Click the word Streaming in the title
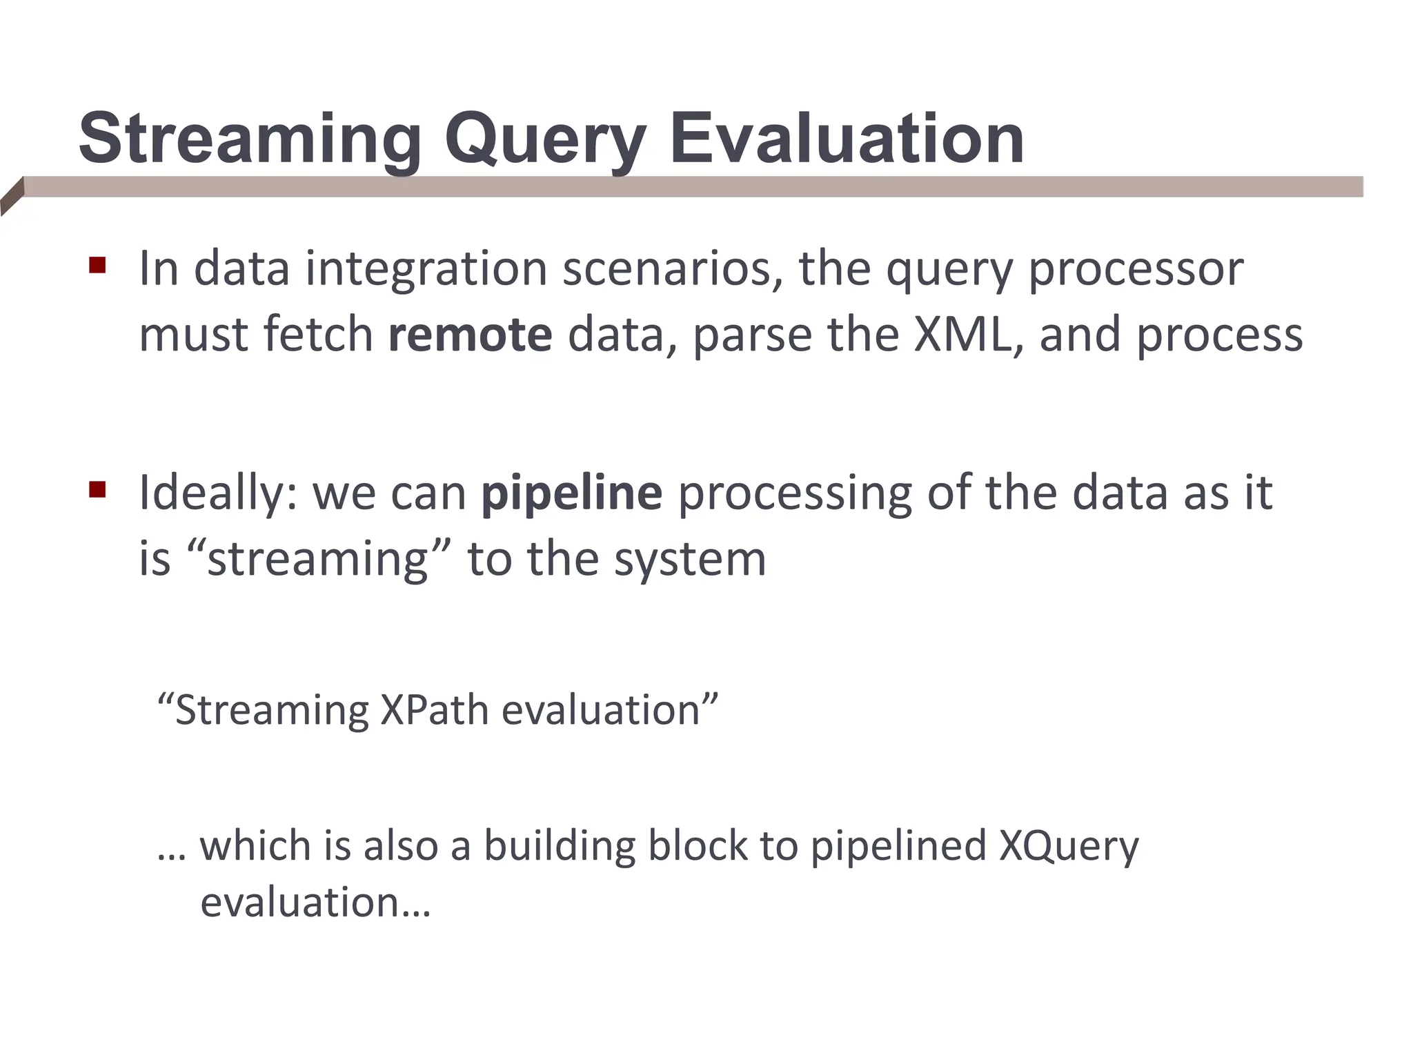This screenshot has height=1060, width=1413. pyautogui.click(x=250, y=140)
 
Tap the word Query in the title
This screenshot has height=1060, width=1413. pyautogui.click(x=545, y=140)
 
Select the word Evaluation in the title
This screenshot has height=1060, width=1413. pyautogui.click(x=847, y=140)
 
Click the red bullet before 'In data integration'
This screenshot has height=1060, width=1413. pyautogui.click(x=97, y=266)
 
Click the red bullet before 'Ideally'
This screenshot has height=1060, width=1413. pyautogui.click(x=97, y=490)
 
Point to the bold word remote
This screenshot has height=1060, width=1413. pyautogui.click(x=470, y=335)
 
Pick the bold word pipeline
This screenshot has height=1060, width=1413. pyautogui.click(x=571, y=493)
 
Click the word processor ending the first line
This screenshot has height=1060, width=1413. pyautogui.click(x=1136, y=268)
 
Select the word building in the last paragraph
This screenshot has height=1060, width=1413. pyautogui.click(x=559, y=846)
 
